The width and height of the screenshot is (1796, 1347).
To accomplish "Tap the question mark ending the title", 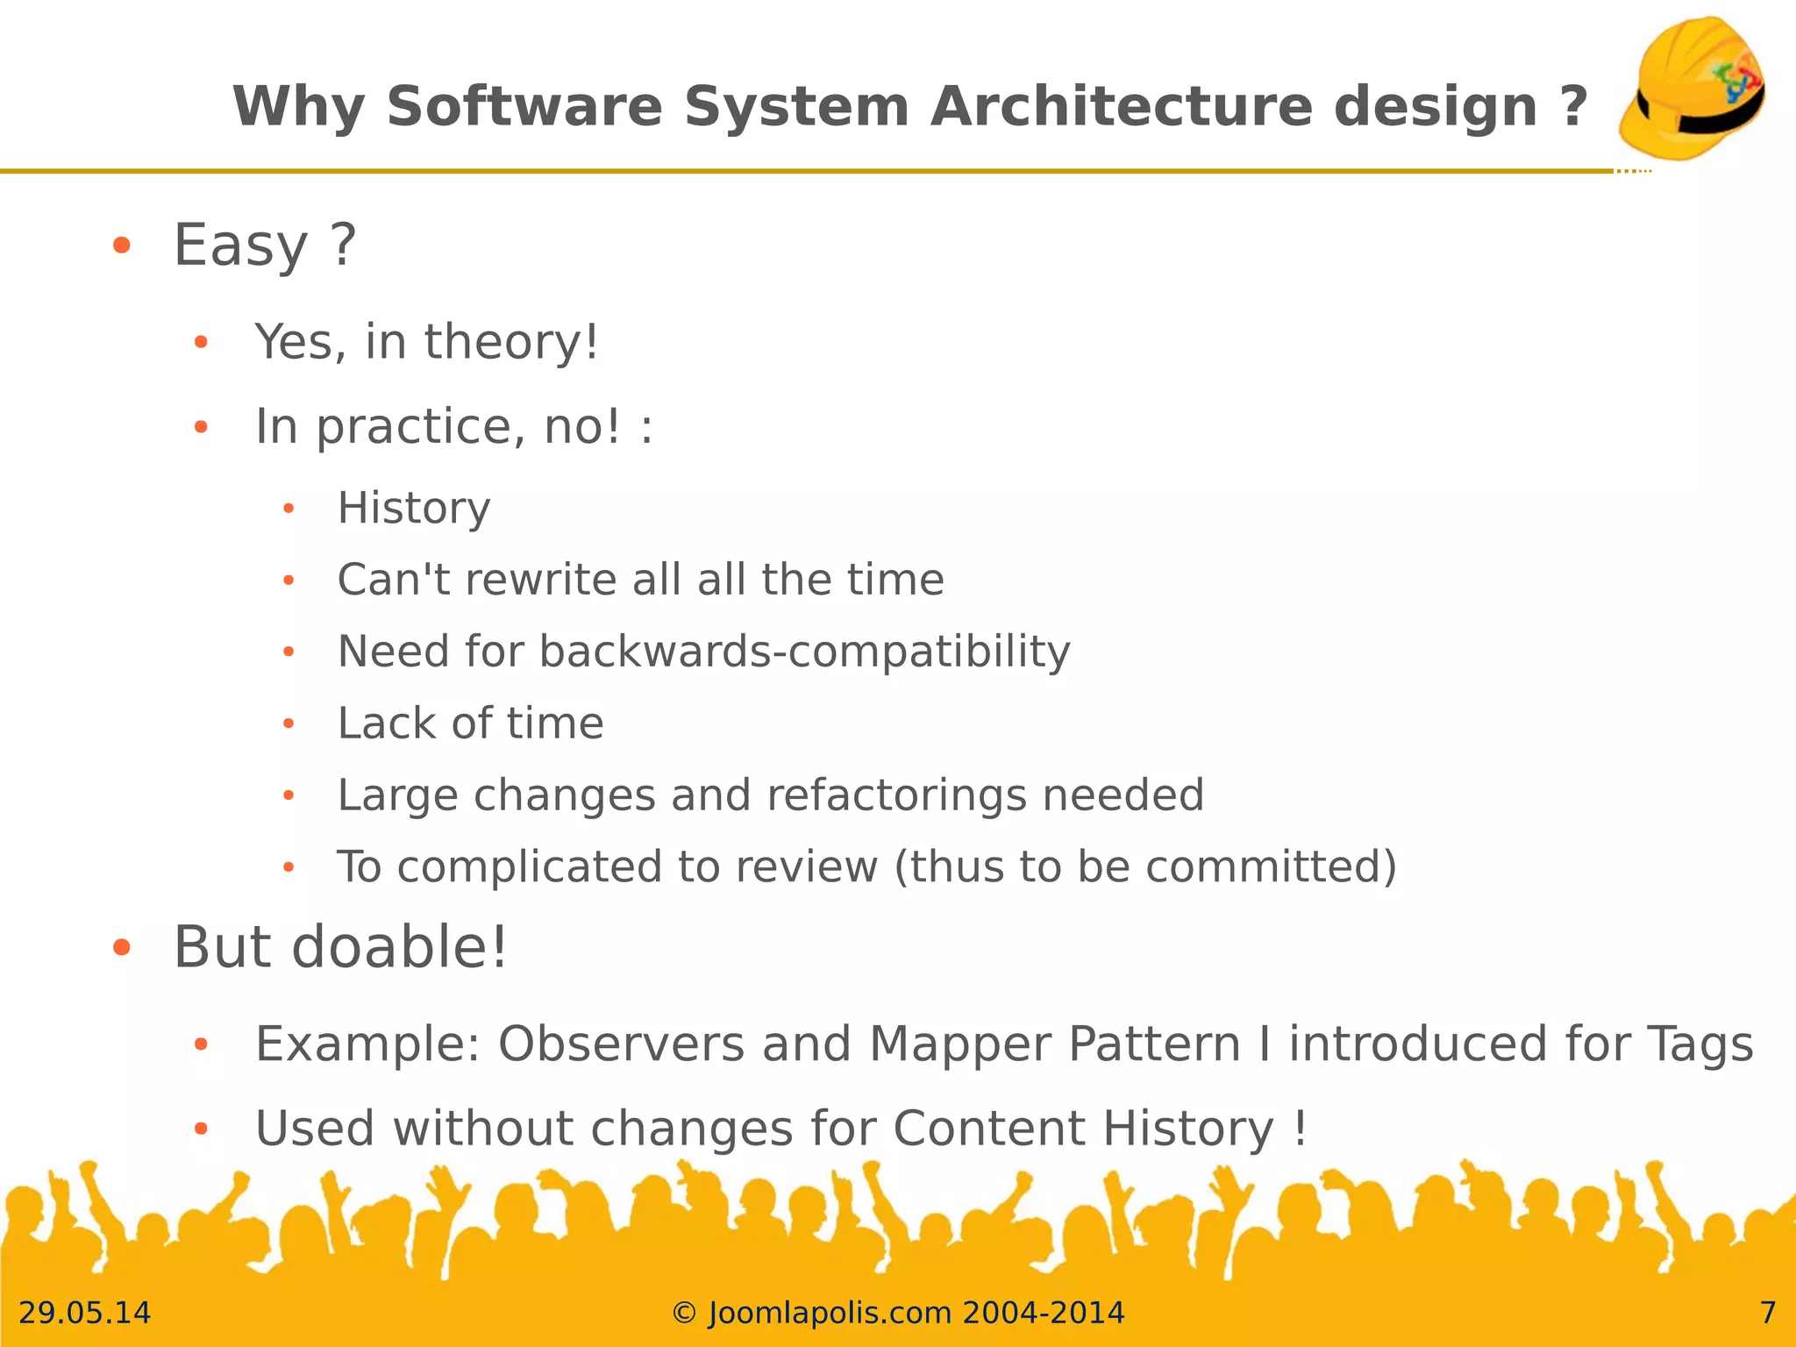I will pos(1574,106).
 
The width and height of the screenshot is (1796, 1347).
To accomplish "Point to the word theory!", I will pos(511,341).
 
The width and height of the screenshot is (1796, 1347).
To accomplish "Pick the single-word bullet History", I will pos(414,508).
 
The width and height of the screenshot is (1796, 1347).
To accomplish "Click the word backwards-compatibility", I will pos(804,652).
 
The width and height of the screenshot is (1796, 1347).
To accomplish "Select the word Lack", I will pos(386,723).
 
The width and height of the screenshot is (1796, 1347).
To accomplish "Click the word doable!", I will pos(399,948).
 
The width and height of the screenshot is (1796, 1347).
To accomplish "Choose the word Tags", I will pos(1700,1044).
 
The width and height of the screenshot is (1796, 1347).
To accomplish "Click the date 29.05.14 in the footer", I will pos(84,1313).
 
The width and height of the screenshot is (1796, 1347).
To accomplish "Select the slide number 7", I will pos(1768,1313).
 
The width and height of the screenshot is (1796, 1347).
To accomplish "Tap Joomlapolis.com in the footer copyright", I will pos(829,1313).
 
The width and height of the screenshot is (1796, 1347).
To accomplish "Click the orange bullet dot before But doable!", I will pos(122,948).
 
